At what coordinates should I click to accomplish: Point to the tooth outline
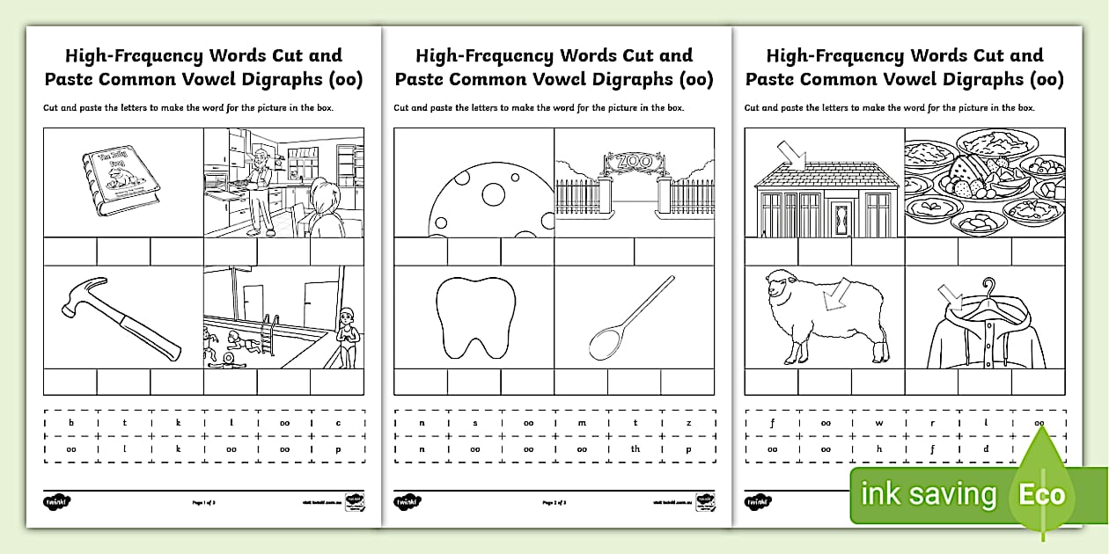pyautogui.click(x=474, y=317)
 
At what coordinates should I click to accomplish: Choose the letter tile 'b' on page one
pyautogui.click(x=71, y=423)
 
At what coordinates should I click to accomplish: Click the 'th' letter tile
pyautogui.click(x=635, y=448)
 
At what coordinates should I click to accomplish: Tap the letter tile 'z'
pyautogui.click(x=688, y=423)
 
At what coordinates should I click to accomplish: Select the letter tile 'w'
pyautogui.click(x=878, y=423)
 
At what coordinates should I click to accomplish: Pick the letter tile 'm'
pyautogui.click(x=582, y=423)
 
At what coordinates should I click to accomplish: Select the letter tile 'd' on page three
pyautogui.click(x=986, y=448)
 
